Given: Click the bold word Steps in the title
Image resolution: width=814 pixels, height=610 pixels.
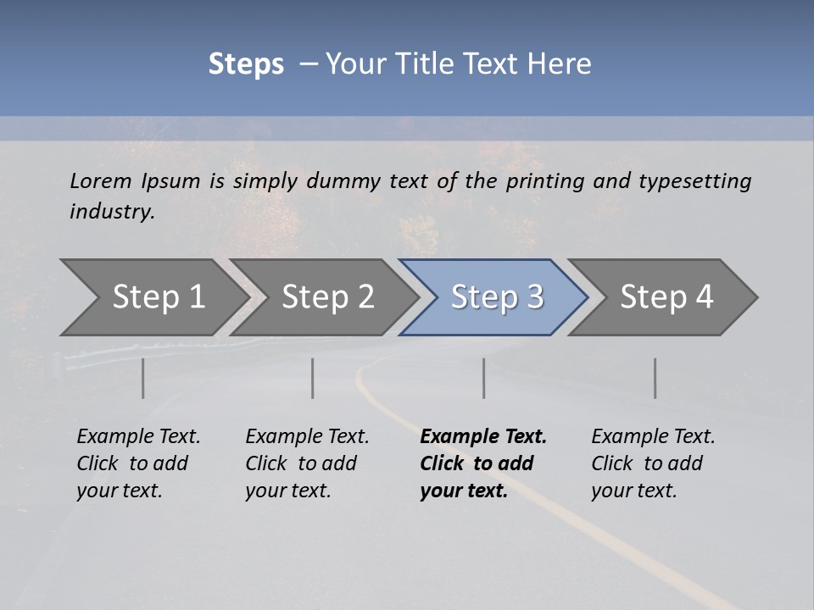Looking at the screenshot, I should click(x=246, y=64).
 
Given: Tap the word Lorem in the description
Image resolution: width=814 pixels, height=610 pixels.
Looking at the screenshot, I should click(x=101, y=180).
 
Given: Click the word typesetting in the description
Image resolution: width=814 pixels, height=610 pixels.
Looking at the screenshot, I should click(x=694, y=180).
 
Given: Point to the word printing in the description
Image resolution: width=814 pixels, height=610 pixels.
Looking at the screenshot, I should click(x=545, y=180).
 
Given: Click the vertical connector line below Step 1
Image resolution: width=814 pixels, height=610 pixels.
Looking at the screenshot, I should click(x=143, y=378).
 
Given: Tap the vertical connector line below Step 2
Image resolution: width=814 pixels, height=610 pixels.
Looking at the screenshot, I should click(x=313, y=378).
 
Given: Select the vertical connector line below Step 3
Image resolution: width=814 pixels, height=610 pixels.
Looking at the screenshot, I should click(x=483, y=378).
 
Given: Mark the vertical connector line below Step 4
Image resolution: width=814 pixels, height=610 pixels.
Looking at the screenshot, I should click(x=655, y=378).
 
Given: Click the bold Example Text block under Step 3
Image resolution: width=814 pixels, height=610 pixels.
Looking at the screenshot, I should click(x=483, y=463).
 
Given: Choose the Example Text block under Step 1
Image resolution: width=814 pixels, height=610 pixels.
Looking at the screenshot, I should click(x=138, y=463).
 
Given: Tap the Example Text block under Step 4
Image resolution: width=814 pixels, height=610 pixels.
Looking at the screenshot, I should click(x=653, y=463).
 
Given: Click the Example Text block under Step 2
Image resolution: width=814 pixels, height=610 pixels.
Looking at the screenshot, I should click(x=307, y=463).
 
